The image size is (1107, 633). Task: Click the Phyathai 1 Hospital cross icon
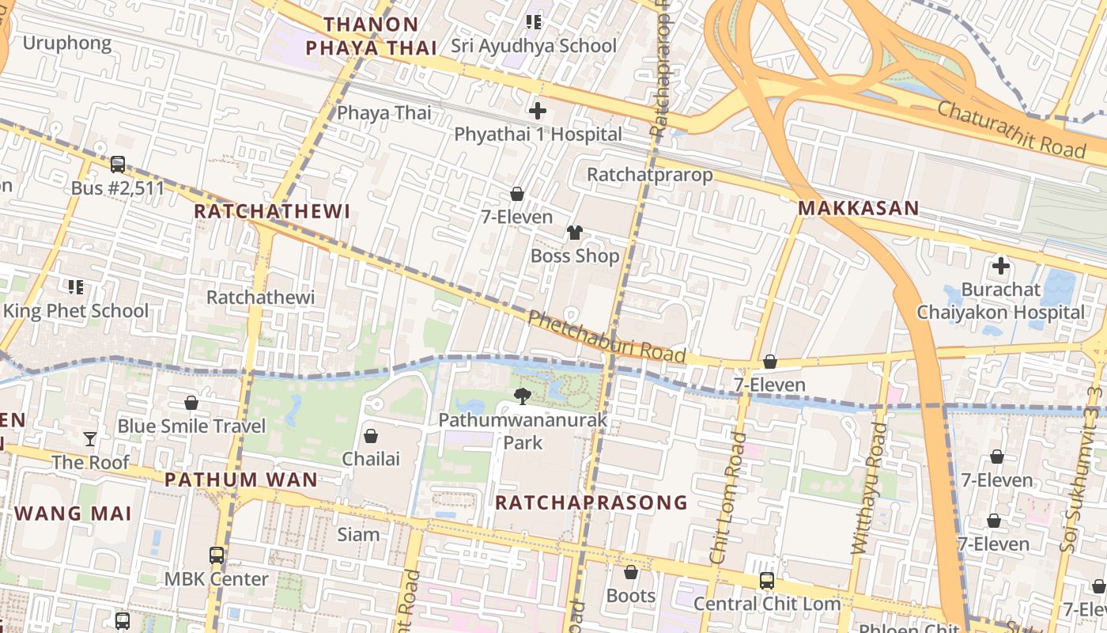click(538, 111)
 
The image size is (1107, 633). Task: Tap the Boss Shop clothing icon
click(575, 233)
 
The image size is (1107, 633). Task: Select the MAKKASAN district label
click(858, 209)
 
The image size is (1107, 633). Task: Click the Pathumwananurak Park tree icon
click(522, 396)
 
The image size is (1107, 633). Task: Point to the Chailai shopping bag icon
click(370, 436)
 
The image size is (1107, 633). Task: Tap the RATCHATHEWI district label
click(272, 211)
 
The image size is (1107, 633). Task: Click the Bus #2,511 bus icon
click(118, 165)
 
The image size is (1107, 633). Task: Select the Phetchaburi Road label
click(606, 337)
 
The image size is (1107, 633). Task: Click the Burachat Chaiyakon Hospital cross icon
click(1001, 266)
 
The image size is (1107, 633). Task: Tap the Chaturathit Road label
click(1011, 129)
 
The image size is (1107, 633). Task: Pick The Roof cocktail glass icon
click(90, 439)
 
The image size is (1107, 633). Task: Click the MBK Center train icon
click(217, 555)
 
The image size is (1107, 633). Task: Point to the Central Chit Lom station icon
click(766, 581)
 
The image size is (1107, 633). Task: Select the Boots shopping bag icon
click(631, 572)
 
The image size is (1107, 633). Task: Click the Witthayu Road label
click(868, 487)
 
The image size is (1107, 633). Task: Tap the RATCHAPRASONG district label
click(591, 502)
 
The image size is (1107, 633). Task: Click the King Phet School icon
click(76, 287)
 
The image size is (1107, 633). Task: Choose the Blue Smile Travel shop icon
click(191, 403)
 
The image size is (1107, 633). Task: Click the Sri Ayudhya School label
click(534, 46)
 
